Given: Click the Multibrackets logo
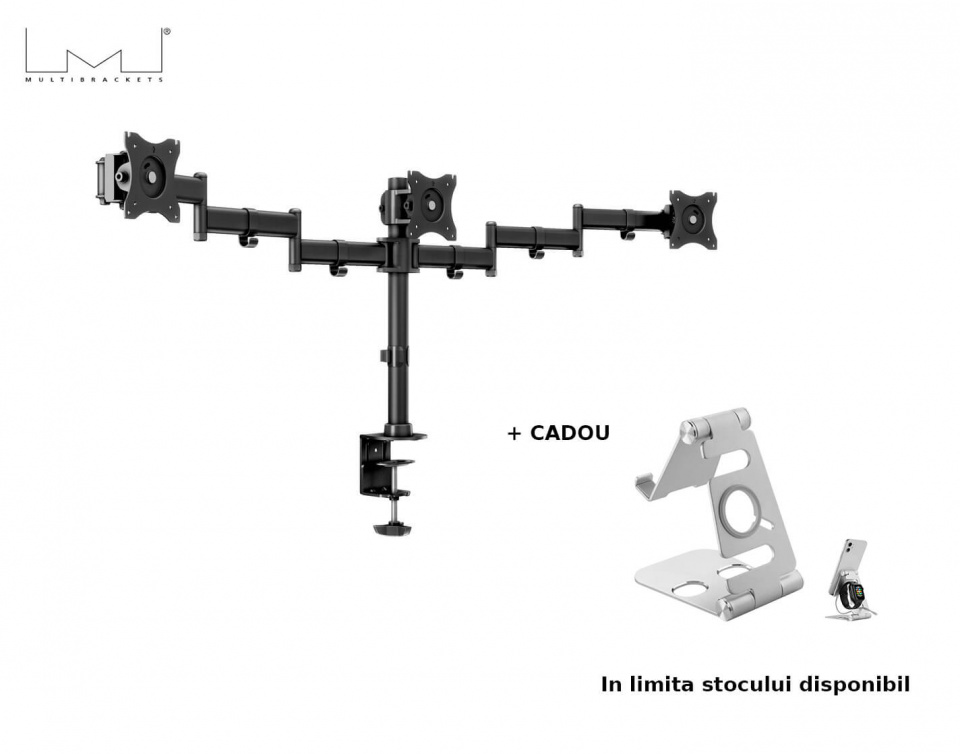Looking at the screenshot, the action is tap(96, 54).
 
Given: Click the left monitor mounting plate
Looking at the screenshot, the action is tap(152, 176).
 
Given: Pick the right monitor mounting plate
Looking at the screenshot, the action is tap(693, 219).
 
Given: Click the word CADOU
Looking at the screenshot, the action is tap(569, 433).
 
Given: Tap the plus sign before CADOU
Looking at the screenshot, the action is tap(515, 433).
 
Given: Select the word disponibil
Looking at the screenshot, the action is tap(854, 685).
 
